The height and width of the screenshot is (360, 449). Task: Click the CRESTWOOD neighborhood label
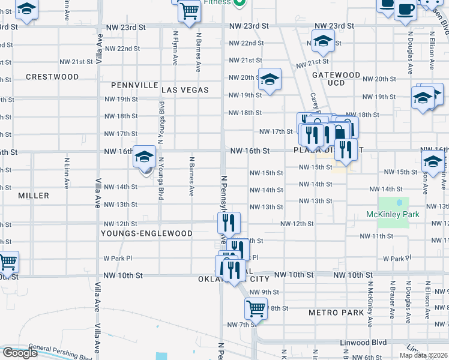click(x=52, y=77)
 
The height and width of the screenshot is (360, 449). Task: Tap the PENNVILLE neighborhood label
click(x=134, y=85)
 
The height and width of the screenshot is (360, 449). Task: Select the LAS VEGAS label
click(x=185, y=90)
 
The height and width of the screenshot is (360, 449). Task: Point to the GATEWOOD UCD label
click(x=336, y=79)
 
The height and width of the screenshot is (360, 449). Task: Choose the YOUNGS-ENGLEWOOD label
click(x=146, y=233)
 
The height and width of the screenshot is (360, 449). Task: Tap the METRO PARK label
click(x=336, y=313)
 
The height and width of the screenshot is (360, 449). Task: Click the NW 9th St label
click(x=260, y=292)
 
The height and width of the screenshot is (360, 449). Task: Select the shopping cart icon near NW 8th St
click(x=256, y=309)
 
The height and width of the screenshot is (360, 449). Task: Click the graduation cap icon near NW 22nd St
click(x=323, y=42)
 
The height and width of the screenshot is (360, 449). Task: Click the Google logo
click(x=19, y=353)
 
